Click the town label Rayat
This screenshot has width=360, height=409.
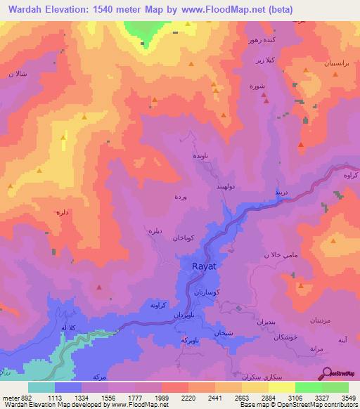pyautogui.click(x=205, y=266)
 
